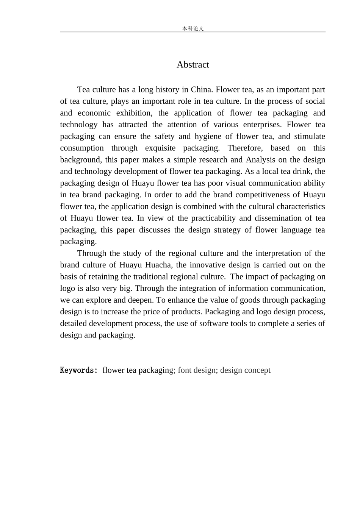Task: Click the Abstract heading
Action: click(193, 65)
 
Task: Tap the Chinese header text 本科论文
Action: click(193, 28)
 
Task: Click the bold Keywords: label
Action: click(79, 370)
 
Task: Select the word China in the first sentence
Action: click(202, 90)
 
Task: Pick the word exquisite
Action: click(160, 148)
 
